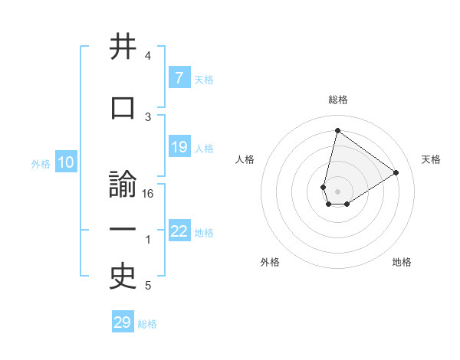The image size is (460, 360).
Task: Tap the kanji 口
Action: point(123,107)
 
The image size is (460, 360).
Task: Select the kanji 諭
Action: point(123,186)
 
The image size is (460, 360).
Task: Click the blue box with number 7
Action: point(179,78)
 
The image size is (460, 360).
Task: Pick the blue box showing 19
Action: point(179,147)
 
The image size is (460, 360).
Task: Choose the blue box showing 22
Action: point(179,231)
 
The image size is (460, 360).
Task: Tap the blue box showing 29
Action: point(123,322)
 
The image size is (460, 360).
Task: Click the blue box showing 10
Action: point(65,162)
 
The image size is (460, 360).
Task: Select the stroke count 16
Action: point(148,194)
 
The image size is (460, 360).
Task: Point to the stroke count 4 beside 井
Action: point(148,56)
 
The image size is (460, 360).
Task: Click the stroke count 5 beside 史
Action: point(148,286)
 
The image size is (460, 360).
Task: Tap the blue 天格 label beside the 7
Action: point(204,79)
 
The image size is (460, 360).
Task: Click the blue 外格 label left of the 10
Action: point(40,163)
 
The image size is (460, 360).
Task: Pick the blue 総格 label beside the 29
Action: point(147,324)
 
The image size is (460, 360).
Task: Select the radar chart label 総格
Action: point(337,100)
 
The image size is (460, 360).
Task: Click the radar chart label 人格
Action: point(245,159)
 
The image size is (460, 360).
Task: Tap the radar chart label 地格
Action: point(402,262)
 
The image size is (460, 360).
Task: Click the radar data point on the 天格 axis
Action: point(396,172)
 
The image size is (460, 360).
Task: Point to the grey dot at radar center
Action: point(337,191)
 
